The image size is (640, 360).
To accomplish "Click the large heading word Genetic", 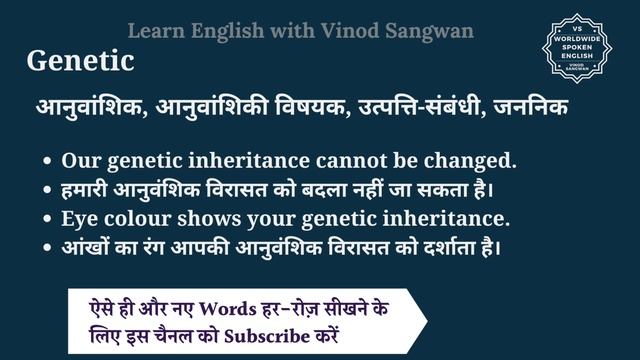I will click(80, 62).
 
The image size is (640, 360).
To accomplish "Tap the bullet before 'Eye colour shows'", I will click(48, 218).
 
